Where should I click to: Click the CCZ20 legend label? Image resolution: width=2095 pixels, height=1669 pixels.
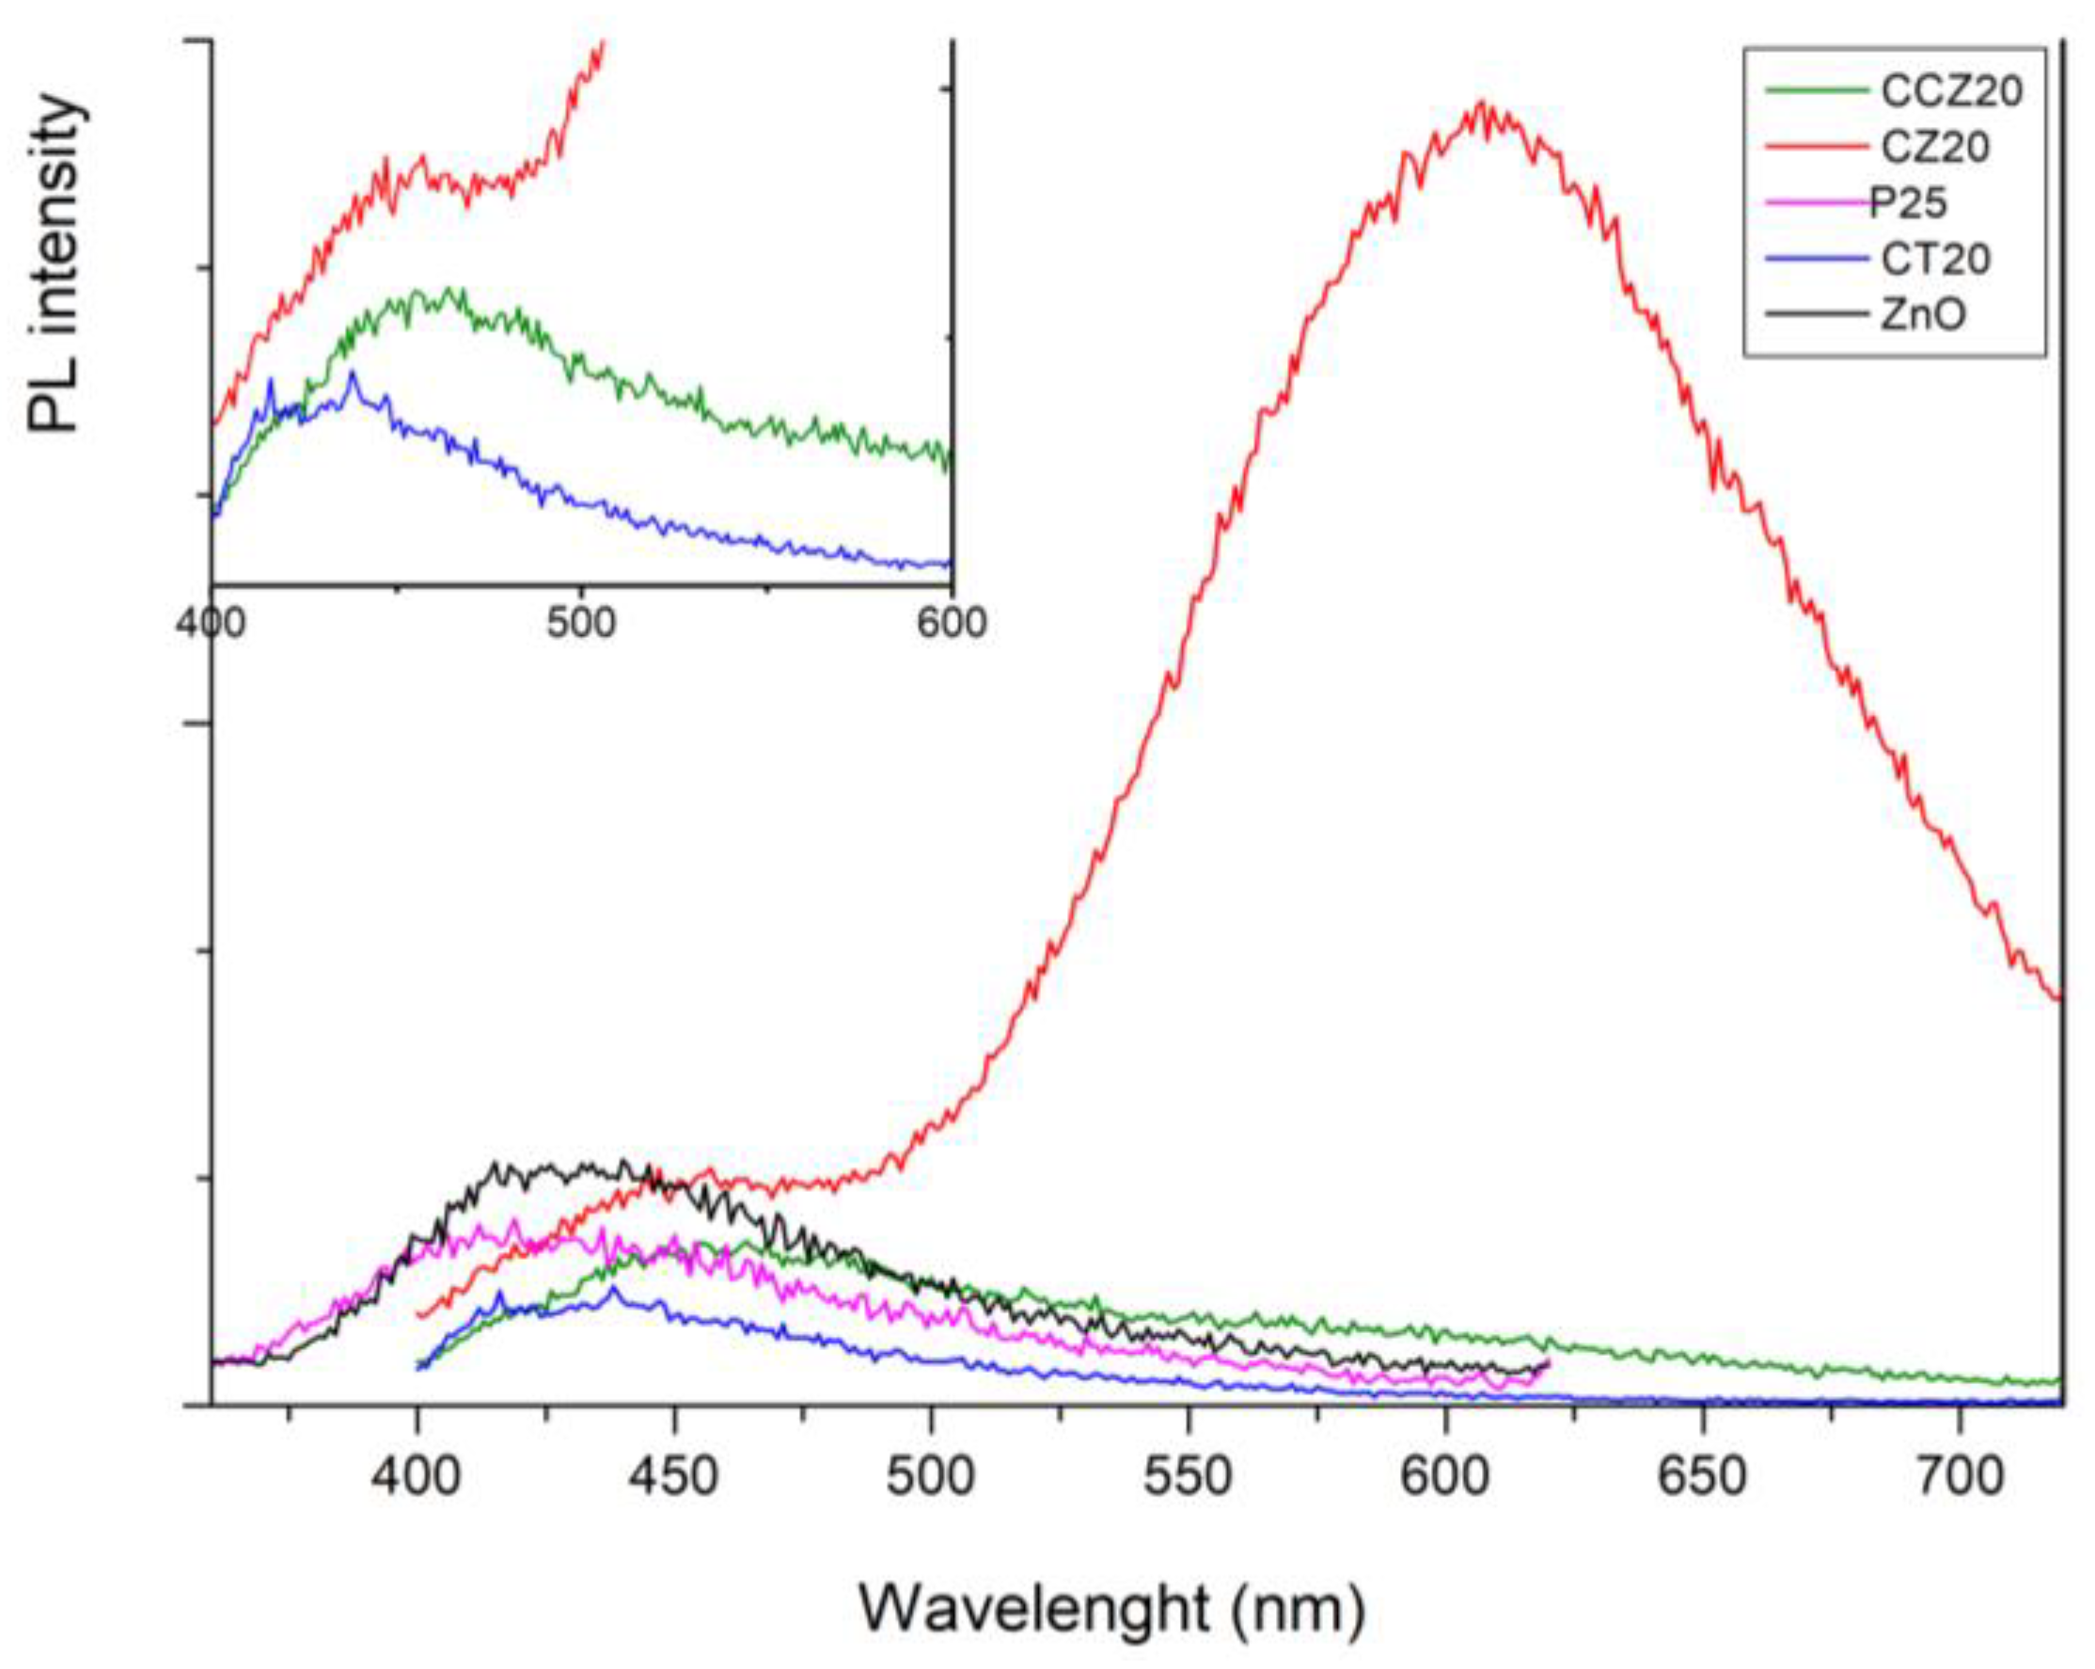(x=1951, y=91)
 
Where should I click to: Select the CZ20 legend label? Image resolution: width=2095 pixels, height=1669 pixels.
(x=1936, y=148)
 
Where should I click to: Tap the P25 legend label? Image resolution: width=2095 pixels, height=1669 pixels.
(x=1909, y=203)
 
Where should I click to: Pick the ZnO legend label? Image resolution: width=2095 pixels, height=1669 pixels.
(x=1923, y=315)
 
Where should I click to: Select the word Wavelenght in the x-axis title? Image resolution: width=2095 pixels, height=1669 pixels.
(x=1032, y=1608)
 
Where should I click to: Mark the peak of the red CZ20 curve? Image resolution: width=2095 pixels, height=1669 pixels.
(x=1481, y=103)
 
